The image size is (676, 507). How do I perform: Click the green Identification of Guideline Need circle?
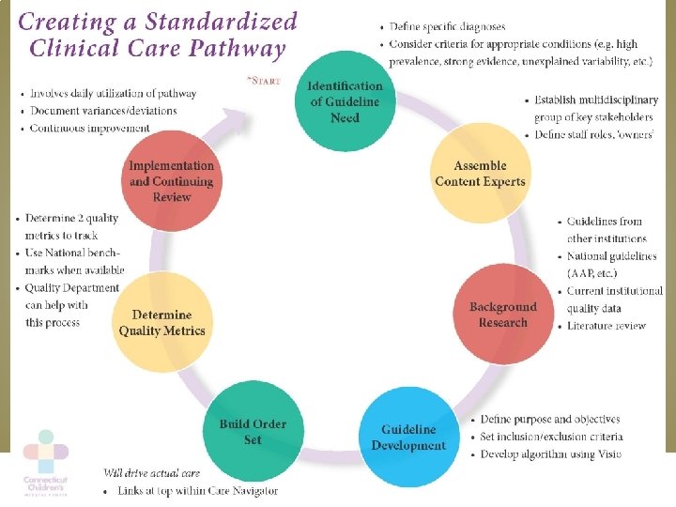345,102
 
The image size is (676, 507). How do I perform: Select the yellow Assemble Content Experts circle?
480,174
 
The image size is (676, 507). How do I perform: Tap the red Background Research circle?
502,315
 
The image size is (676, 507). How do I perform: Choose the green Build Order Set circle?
253,431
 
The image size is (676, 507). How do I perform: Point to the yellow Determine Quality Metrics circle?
161,322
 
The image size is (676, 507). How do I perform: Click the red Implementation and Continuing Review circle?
172,180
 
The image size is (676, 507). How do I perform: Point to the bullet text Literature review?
607,326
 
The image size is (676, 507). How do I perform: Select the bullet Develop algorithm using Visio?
549,454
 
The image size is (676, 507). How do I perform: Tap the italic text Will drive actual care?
152,472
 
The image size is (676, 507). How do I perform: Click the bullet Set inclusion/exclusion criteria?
551,437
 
